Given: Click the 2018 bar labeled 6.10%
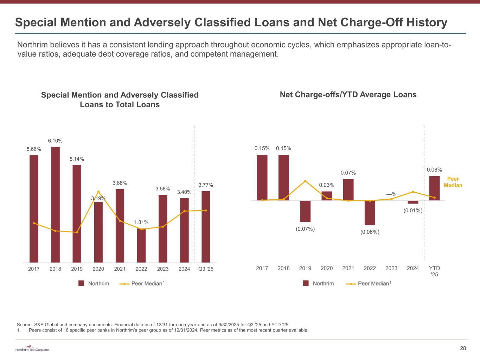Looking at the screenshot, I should tap(55, 204).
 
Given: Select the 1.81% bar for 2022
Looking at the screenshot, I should tap(141, 245).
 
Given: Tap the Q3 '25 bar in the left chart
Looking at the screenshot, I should tap(206, 227).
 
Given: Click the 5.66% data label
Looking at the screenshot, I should tap(34, 149).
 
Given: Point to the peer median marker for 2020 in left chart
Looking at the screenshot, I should tap(98, 192).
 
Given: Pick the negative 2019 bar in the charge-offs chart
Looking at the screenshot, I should tap(305, 211).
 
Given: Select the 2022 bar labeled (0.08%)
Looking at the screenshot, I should tap(370, 213).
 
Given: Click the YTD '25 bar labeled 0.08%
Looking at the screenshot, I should tap(435, 188).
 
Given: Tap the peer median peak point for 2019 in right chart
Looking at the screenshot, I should tap(305, 181).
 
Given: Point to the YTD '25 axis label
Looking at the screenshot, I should tap(435, 271).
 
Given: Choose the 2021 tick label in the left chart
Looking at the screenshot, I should tap(120, 269).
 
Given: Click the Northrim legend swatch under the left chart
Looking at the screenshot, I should tap(81, 283).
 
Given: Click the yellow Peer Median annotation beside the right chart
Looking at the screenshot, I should tap(453, 182).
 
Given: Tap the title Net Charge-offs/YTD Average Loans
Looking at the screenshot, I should tap(348, 95).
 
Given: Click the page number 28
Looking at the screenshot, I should tap(463, 348).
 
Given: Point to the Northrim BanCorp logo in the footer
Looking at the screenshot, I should tap(32, 348).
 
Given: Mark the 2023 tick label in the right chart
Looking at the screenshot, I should tap(391, 268).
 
